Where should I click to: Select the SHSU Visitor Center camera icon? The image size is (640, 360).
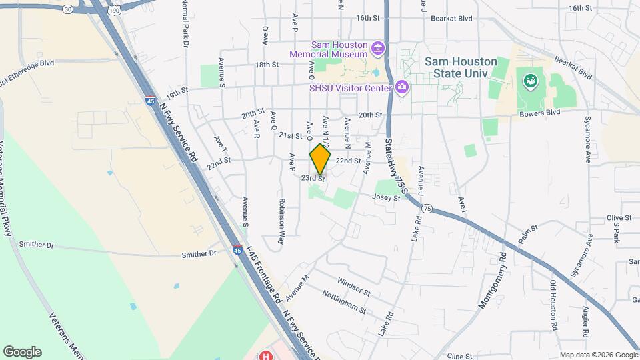pos(401,87)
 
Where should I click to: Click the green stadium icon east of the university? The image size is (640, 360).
pos(531,81)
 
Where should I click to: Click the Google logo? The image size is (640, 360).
pos(22,351)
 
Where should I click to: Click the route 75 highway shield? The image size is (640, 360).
pos(427,209)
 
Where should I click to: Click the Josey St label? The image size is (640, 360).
pos(387,197)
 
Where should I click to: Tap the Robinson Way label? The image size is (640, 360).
pos(282,213)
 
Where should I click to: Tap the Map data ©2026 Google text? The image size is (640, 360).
pos(599,355)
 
